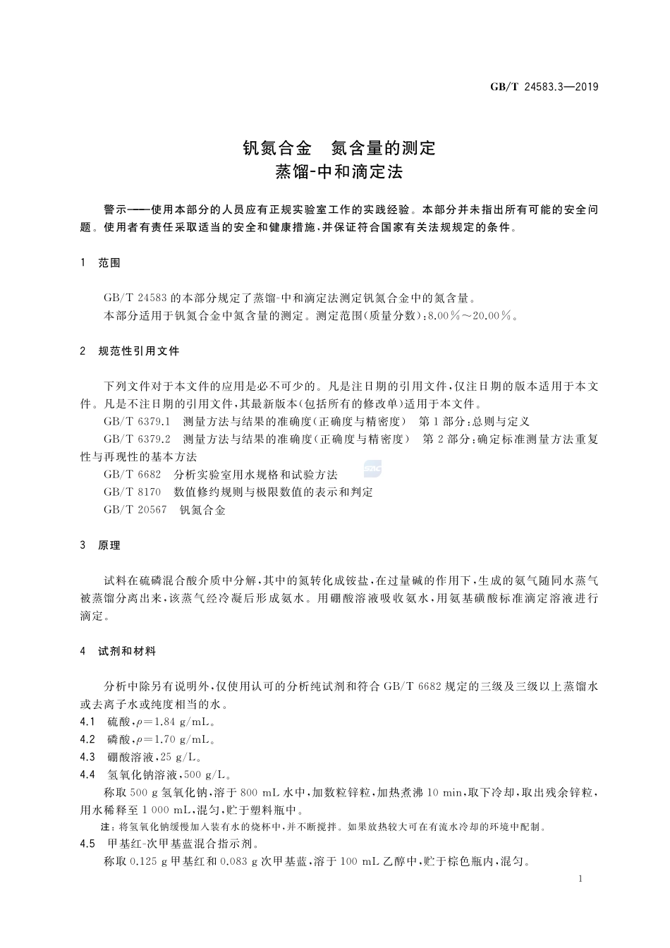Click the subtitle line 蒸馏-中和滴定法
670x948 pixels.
click(x=339, y=171)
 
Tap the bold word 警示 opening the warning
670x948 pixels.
click(x=115, y=210)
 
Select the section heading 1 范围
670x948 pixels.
click(x=101, y=263)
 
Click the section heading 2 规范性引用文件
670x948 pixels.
click(x=130, y=351)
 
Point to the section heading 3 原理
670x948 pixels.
click(x=101, y=545)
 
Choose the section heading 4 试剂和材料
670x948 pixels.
click(x=118, y=652)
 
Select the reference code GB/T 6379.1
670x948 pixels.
click(x=138, y=422)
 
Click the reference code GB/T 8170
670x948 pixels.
click(x=133, y=492)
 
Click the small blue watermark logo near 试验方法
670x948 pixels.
click(x=372, y=469)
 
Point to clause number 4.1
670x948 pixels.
click(x=87, y=722)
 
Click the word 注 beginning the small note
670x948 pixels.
click(x=106, y=827)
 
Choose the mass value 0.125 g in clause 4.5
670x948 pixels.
click(x=149, y=862)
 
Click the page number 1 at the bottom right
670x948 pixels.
click(x=579, y=880)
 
